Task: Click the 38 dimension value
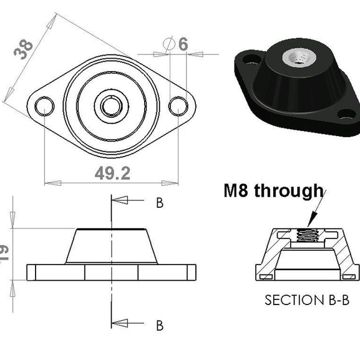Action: tap(24, 48)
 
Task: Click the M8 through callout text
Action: tap(273, 190)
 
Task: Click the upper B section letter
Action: tap(159, 203)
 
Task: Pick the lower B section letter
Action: tap(159, 325)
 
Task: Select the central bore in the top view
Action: tap(111, 106)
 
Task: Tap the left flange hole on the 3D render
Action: tap(251, 61)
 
